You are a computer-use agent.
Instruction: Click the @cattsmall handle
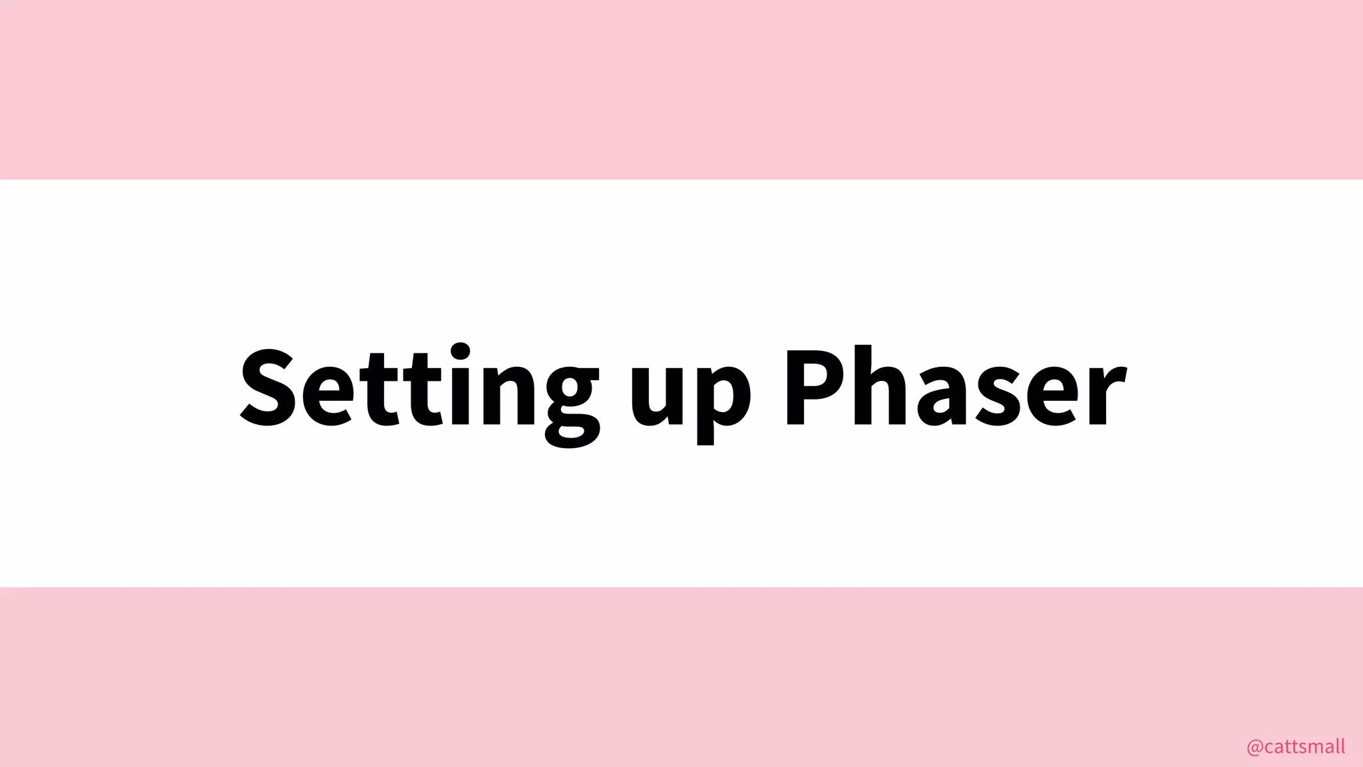pos(1295,746)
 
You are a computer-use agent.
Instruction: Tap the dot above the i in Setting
pos(460,351)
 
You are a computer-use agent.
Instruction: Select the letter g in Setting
pos(572,399)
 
